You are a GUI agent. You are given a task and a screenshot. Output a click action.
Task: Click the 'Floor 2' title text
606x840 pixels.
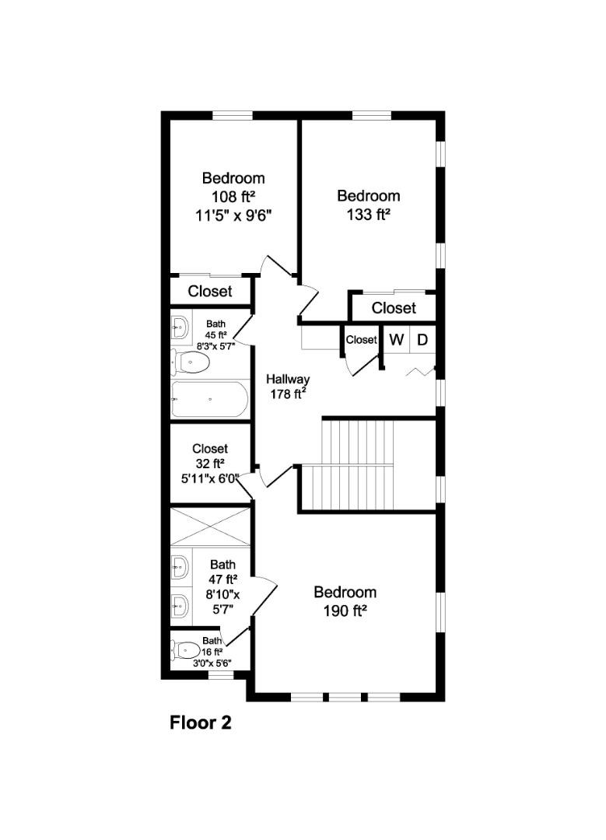click(201, 723)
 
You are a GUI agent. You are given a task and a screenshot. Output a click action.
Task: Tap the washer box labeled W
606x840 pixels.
click(397, 340)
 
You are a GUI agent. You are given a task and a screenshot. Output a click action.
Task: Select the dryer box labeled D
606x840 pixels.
click(422, 340)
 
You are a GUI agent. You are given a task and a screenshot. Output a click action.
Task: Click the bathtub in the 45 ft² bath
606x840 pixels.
click(209, 400)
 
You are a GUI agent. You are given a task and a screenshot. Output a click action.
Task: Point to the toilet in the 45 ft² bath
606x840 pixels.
click(191, 362)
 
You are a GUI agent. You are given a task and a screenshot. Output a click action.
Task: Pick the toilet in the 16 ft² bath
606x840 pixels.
click(187, 649)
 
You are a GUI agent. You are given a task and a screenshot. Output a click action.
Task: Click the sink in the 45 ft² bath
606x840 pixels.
click(180, 327)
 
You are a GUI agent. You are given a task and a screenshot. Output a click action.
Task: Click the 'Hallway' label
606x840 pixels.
click(288, 380)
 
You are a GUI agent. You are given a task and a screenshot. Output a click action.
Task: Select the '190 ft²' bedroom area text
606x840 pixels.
click(345, 611)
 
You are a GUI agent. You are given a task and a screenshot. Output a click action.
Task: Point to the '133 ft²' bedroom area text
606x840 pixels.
click(368, 214)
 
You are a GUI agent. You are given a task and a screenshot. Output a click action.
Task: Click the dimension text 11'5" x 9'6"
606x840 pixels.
click(233, 215)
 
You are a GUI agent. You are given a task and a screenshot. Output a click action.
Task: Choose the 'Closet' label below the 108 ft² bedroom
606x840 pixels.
click(210, 292)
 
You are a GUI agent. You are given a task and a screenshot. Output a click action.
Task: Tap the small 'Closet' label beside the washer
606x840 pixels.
click(361, 340)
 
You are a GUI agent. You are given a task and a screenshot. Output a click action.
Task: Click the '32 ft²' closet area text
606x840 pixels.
click(210, 464)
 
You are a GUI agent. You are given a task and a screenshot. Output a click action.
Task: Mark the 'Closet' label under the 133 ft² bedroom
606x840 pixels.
click(394, 308)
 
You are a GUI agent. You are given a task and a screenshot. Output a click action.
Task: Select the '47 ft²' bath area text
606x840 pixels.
click(223, 579)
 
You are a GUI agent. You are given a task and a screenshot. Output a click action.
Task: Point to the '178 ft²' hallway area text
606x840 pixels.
click(288, 394)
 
